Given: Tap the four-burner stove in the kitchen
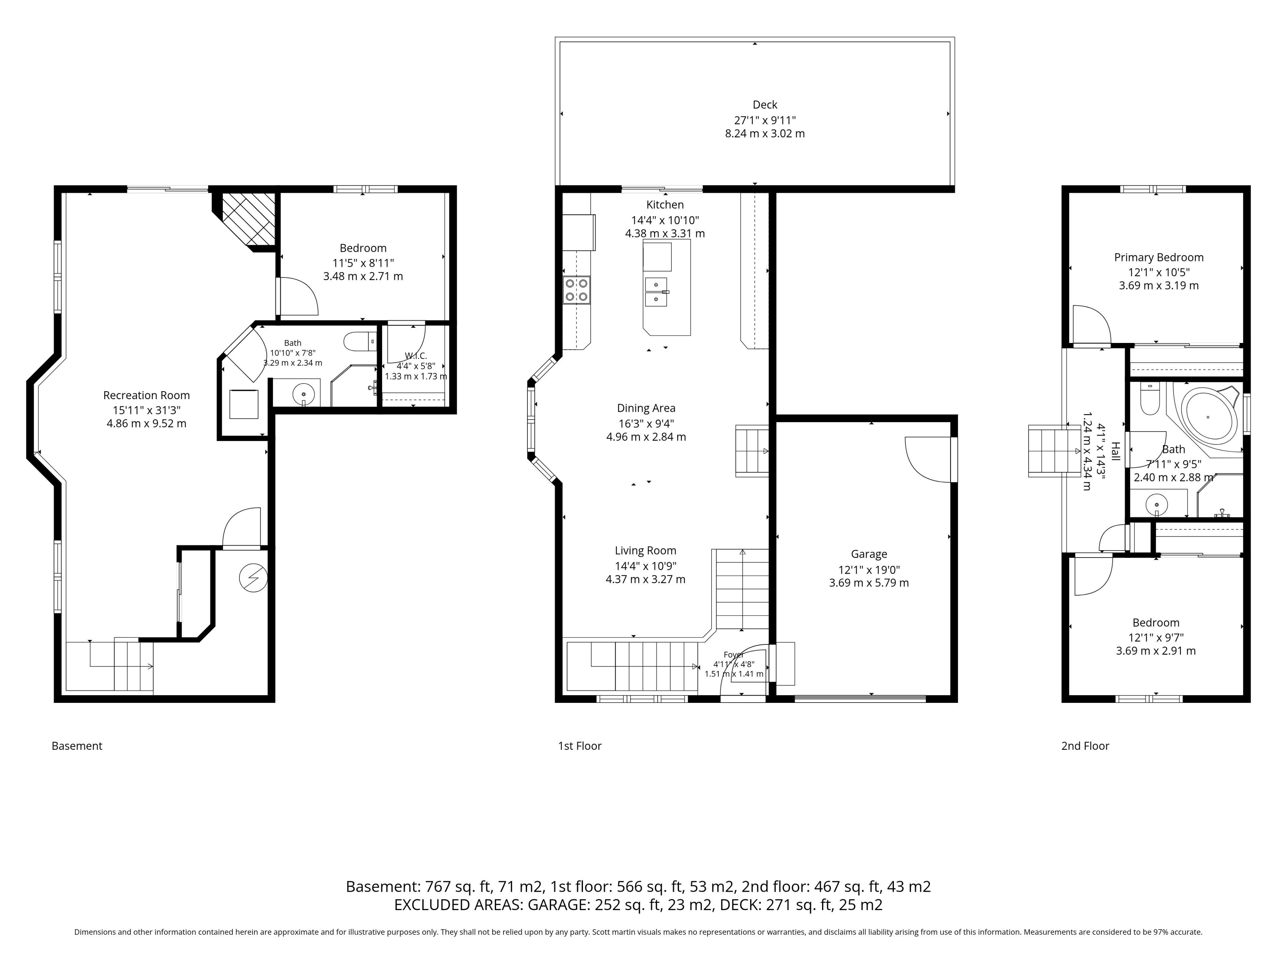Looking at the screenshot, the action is coord(577,290).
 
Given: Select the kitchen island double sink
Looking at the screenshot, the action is coord(656,292).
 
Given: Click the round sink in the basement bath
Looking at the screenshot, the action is coord(304,395).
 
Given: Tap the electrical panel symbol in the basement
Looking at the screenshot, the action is coord(253,577).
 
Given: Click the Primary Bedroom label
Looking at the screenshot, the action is coord(1159,257).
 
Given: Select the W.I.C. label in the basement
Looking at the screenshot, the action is coord(416,356).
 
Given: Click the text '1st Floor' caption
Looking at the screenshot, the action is coord(580,746).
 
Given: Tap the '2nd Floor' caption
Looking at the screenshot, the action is coord(1085,746).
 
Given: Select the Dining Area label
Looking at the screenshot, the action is coord(646,408).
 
